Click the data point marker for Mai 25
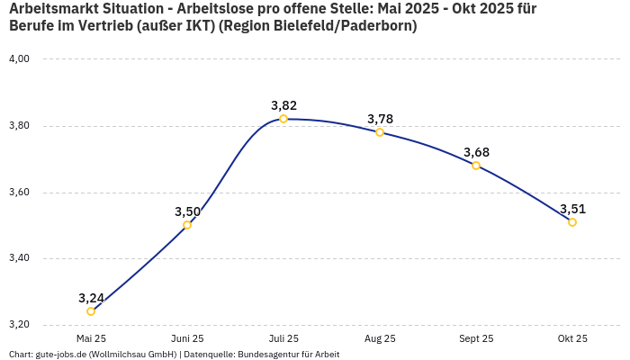tap(91, 311)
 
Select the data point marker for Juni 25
tap(187, 225)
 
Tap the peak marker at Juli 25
tap(283, 119)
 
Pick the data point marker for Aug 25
tap(380, 132)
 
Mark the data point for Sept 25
tap(476, 166)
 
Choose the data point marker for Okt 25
tap(572, 222)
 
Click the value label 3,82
tap(283, 105)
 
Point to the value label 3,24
tap(91, 298)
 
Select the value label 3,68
tap(476, 152)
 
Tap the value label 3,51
tap(572, 209)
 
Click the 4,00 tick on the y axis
tap(19, 59)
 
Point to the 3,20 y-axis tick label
tap(19, 325)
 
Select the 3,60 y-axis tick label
tap(19, 193)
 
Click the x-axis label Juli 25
tap(283, 338)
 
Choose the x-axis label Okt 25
tap(572, 338)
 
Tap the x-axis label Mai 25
tap(91, 338)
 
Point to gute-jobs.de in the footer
tap(62, 354)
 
